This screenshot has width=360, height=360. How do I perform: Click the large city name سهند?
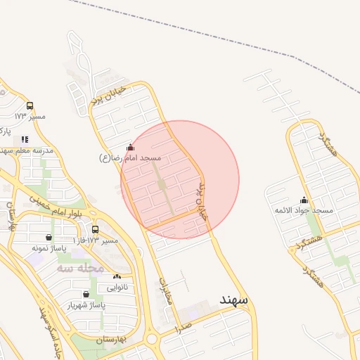[233, 300]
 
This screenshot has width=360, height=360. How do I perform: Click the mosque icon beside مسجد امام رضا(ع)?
[129, 148]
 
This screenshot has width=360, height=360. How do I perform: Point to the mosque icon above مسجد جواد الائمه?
[304, 200]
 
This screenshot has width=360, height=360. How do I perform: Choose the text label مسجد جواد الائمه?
[304, 211]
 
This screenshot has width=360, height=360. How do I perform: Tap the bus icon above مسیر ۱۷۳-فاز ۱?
[96, 230]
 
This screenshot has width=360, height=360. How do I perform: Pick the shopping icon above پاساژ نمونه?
[48, 238]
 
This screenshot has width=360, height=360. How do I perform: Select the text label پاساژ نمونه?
[49, 248]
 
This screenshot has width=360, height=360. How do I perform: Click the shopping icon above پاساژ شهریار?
[86, 295]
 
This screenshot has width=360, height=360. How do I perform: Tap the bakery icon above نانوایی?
[116, 277]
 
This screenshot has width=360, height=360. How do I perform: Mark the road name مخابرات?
[167, 289]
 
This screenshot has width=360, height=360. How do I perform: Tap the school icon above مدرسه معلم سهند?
[25, 139]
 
